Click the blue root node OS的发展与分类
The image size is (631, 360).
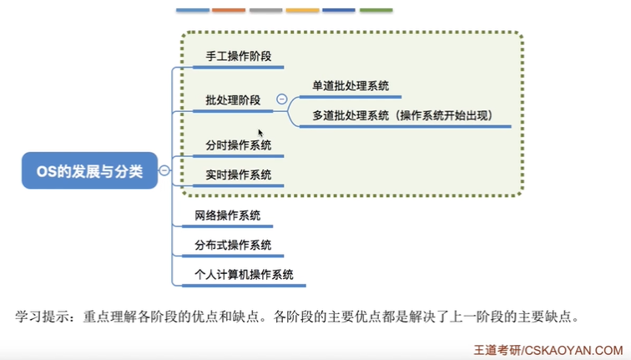(89, 171)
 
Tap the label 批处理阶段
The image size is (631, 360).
(233, 100)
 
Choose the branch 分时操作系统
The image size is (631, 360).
(239, 145)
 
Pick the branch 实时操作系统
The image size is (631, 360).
(239, 175)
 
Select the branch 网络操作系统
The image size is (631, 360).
(227, 215)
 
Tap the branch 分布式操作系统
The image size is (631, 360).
(233, 245)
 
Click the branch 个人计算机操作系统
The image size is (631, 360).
(244, 274)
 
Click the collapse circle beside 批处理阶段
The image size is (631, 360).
(282, 99)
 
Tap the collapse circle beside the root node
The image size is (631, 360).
(164, 170)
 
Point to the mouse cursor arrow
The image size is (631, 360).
(260, 132)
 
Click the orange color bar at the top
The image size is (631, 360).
(229, 11)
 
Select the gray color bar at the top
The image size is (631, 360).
(265, 11)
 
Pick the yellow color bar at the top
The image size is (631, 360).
(302, 11)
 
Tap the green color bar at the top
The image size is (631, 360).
(376, 11)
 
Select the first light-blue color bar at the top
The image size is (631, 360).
(192, 11)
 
